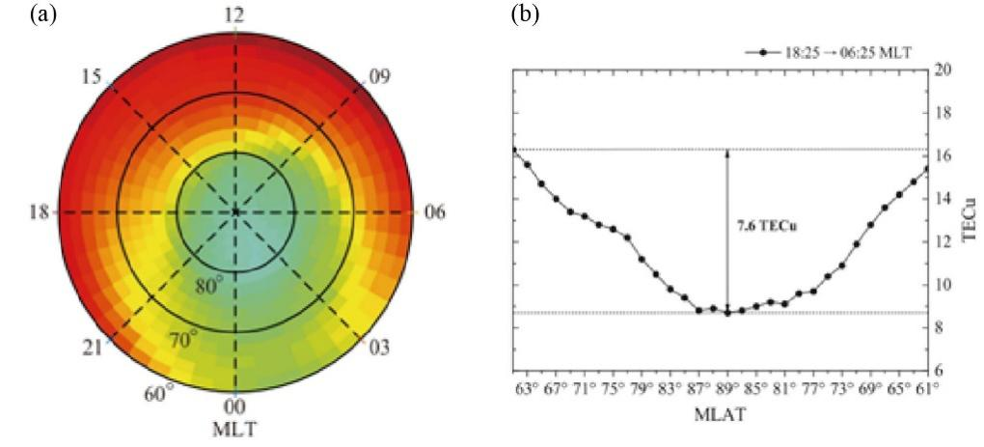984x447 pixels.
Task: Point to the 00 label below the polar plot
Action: click(234, 407)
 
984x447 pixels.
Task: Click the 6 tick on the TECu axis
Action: click(943, 371)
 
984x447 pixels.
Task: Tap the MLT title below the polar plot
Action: click(234, 427)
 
